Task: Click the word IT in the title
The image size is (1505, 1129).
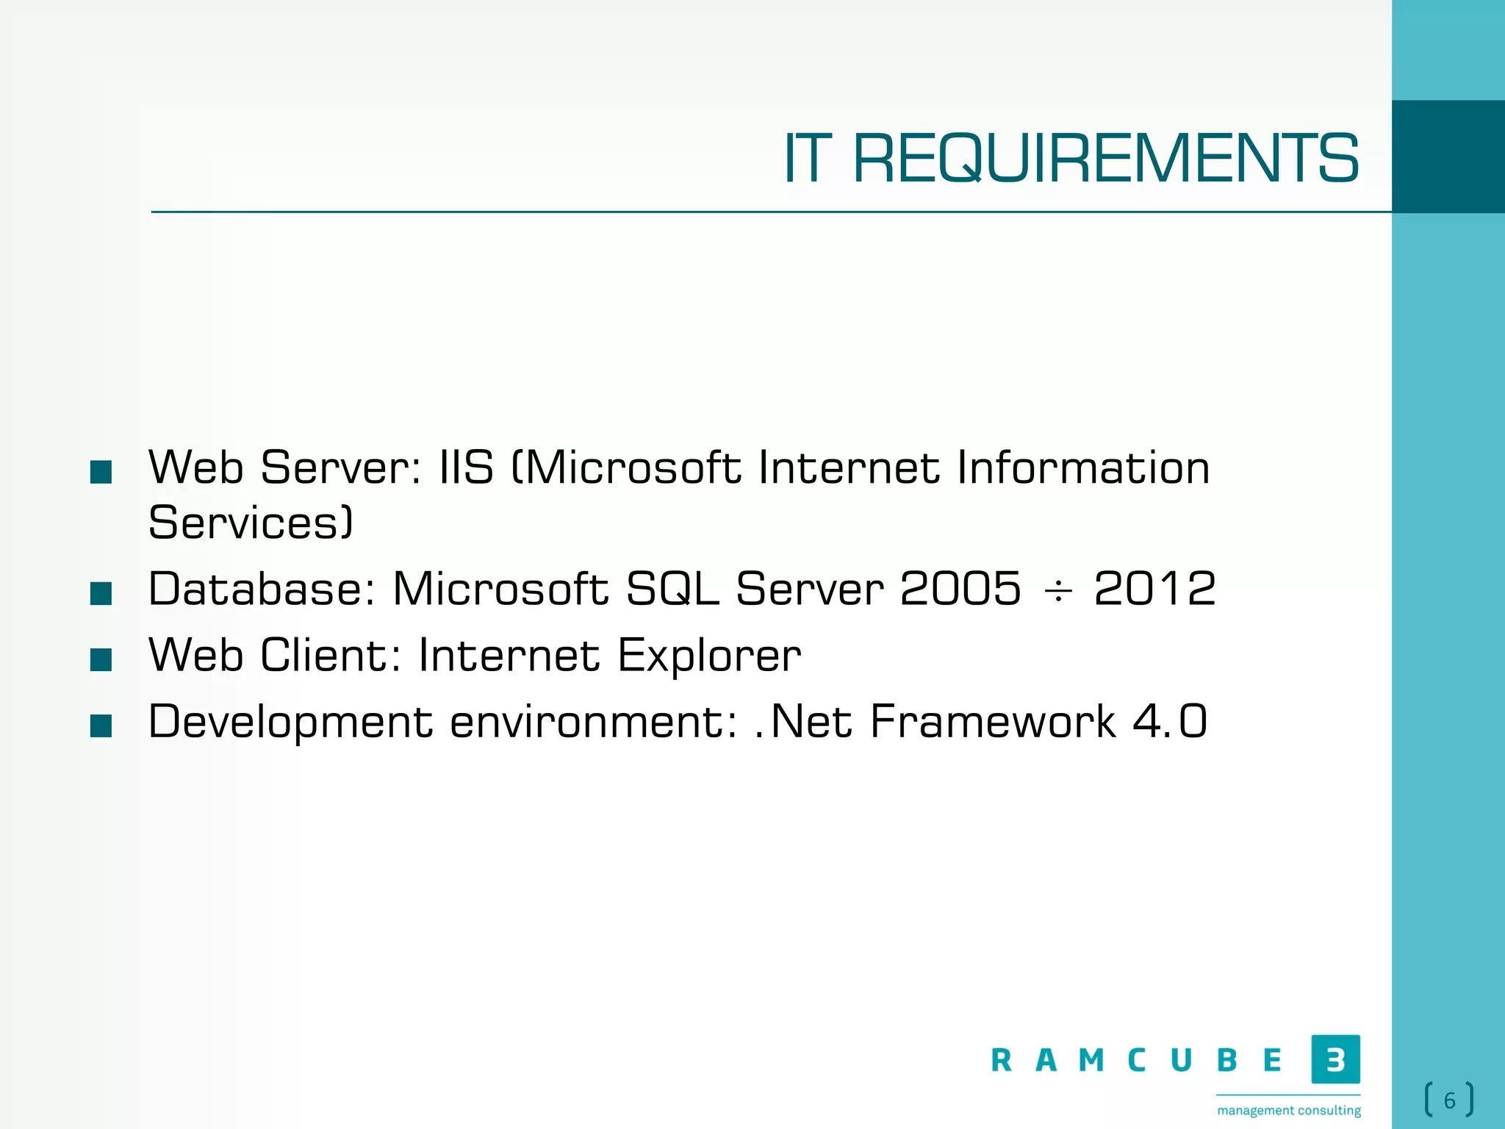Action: pyautogui.click(x=808, y=159)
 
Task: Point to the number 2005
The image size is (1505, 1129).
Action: pyautogui.click(x=960, y=589)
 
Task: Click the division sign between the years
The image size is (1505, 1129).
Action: pyautogui.click(x=1058, y=590)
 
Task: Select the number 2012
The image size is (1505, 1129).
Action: pyautogui.click(x=1154, y=589)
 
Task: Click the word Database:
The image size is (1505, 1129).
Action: pyautogui.click(x=262, y=589)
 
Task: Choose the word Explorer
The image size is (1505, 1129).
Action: pyautogui.click(x=709, y=655)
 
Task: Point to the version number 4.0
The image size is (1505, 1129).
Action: pyautogui.click(x=1170, y=721)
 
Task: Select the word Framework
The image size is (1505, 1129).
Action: pyautogui.click(x=993, y=721)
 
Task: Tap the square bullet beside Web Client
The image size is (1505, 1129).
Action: pyautogui.click(x=101, y=659)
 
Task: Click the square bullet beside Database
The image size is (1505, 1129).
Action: pyautogui.click(x=101, y=593)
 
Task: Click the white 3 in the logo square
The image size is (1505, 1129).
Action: pyautogui.click(x=1335, y=1059)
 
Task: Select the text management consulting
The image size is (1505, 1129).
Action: pyautogui.click(x=1289, y=1110)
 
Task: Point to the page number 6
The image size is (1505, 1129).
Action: pyautogui.click(x=1449, y=1100)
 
